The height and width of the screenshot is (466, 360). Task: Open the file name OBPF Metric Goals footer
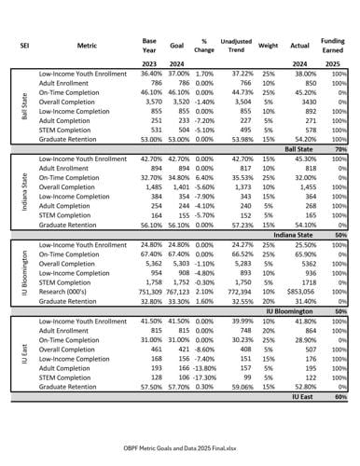[x=179, y=447]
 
